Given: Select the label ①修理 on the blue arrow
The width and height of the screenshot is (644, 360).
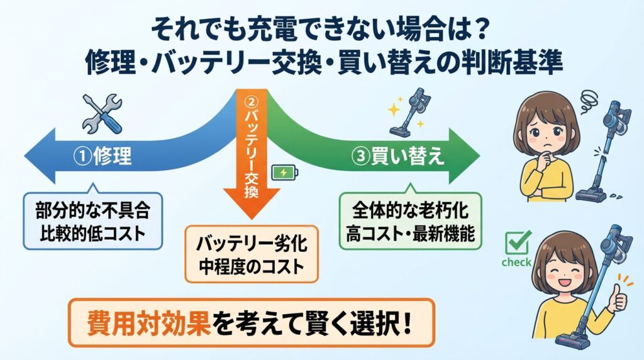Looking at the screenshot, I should (104, 156).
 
